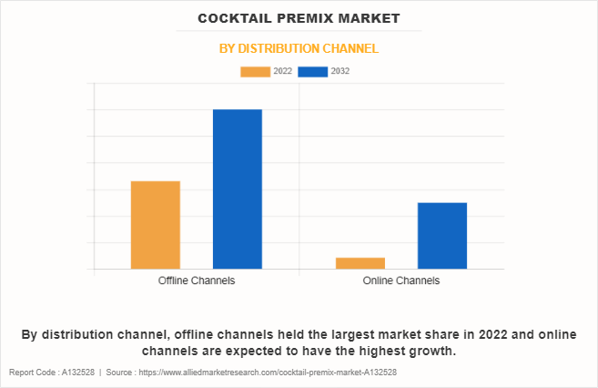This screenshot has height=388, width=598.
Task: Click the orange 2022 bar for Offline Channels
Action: (x=155, y=225)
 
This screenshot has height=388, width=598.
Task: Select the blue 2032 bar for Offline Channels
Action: (x=237, y=189)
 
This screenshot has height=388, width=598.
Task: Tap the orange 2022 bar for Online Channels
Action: (x=360, y=263)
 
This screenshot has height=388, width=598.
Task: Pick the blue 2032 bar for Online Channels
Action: (x=441, y=236)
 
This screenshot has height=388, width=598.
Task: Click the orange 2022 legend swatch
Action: (x=256, y=71)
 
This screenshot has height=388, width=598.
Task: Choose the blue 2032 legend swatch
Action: (x=313, y=71)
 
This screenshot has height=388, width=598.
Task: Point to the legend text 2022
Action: (x=282, y=71)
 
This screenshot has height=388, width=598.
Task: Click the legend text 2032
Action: (x=340, y=71)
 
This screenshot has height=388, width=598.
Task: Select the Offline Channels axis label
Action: (x=197, y=281)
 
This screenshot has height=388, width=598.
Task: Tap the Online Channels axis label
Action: (x=400, y=281)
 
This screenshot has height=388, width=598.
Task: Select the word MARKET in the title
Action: (x=369, y=18)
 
